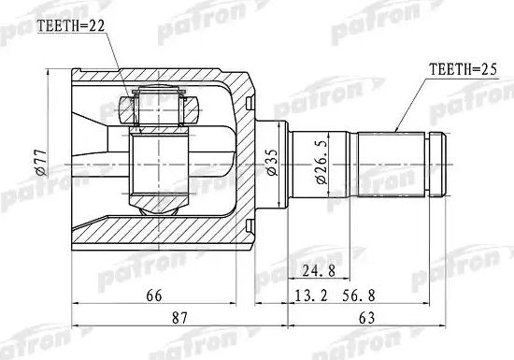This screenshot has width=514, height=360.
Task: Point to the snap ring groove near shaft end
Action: [x=431, y=167]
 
